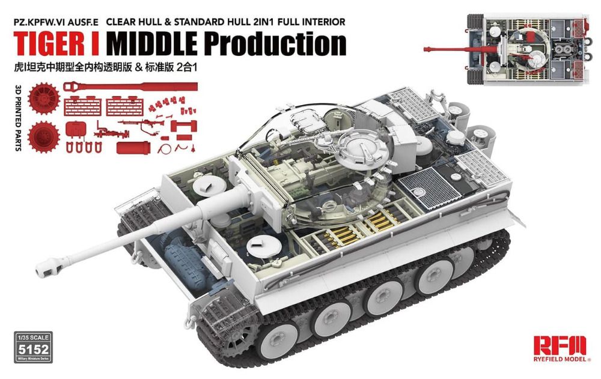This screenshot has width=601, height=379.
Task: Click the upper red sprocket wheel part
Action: [x=44, y=99]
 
